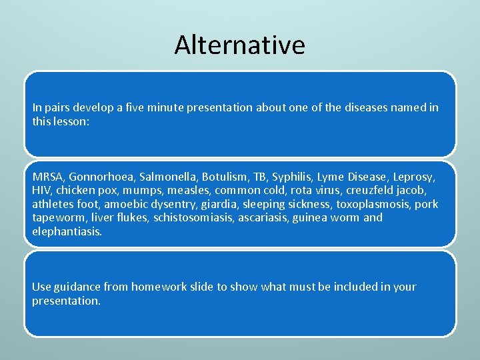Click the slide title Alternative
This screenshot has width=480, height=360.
pyautogui.click(x=240, y=45)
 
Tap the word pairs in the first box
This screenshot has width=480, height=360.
pyautogui.click(x=59, y=107)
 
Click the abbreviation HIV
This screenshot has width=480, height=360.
pyautogui.click(x=41, y=191)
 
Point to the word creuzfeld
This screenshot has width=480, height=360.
pyautogui.click(x=370, y=191)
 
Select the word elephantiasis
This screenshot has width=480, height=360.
pyautogui.click(x=67, y=231)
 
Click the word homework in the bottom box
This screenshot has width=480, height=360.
pyautogui.click(x=159, y=287)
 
